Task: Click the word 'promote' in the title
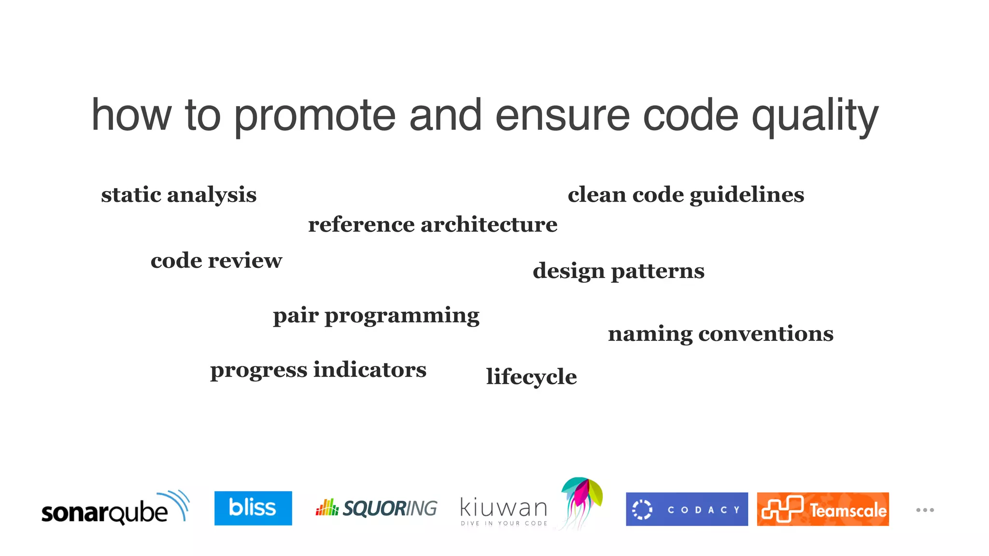tap(314, 116)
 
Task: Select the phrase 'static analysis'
tap(179, 195)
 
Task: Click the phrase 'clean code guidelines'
tap(686, 195)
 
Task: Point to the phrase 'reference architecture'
tap(433, 225)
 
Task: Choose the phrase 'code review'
tap(216, 261)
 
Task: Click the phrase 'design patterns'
tap(618, 271)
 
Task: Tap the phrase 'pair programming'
tap(376, 316)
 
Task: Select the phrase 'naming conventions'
tap(721, 334)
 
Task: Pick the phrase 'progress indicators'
tap(318, 370)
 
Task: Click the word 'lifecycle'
tap(531, 377)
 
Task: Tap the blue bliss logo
tap(253, 508)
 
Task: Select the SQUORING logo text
tap(389, 509)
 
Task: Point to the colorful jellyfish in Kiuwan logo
tap(582, 500)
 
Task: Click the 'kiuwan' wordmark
tap(504, 508)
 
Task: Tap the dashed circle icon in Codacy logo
tap(642, 510)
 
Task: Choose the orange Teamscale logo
tap(822, 509)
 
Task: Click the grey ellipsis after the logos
tap(925, 510)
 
